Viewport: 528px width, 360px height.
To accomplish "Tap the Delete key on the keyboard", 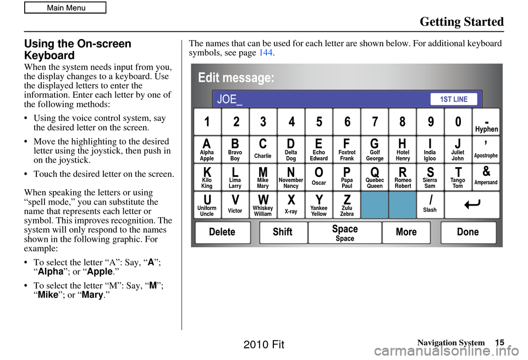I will pos(222,232).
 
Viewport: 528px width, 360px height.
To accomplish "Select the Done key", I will pos(468,232).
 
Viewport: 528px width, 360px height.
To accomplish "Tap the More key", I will pos(406,232).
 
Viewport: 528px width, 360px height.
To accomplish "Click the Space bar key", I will pos(345,232).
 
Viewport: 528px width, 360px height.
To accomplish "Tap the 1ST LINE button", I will pos(454,99).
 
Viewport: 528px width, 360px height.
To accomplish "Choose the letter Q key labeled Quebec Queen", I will pos(375,177).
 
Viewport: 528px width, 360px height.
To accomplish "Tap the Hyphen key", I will pos(486,122).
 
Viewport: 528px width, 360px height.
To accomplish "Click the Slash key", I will pos(431,205).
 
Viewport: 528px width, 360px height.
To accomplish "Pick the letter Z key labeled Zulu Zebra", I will pos(347,205).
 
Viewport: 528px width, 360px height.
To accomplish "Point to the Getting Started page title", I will pos(462,22).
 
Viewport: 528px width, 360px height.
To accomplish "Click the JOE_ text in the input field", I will pos(230,99).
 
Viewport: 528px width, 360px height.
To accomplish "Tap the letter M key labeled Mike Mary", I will pos(263,177).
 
